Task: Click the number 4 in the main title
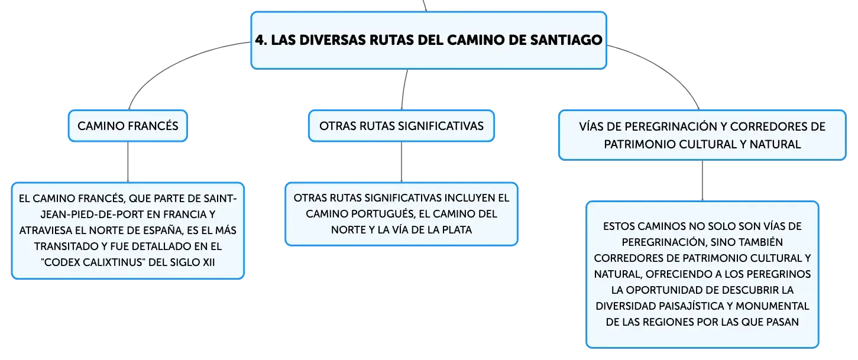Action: (260, 40)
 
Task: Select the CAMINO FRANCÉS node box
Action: (128, 126)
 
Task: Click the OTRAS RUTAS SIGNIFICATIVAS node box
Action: (402, 126)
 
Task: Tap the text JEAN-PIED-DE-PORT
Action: (98, 215)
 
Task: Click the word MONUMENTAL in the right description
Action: (772, 306)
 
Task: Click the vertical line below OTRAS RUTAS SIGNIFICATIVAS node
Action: (402, 162)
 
